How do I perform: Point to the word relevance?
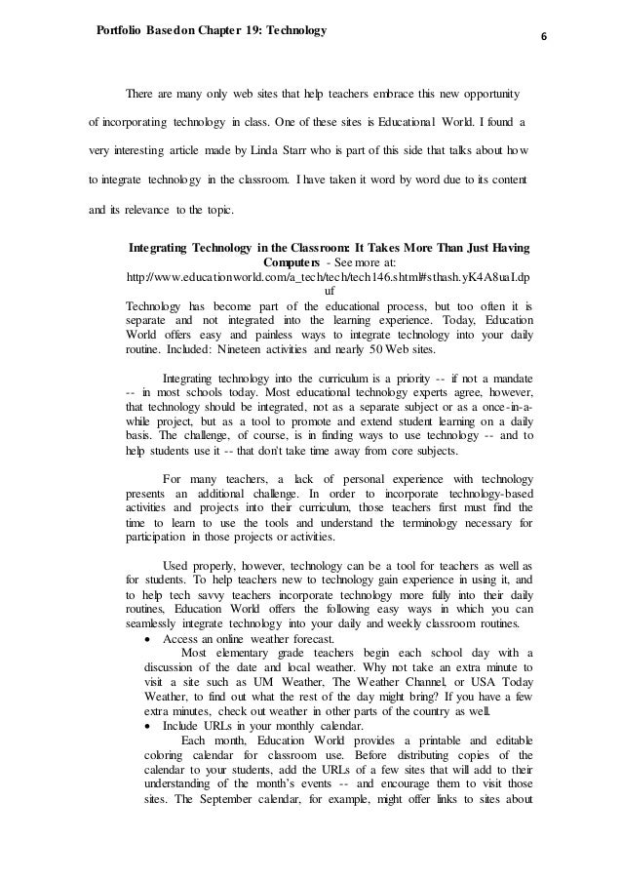[166, 209]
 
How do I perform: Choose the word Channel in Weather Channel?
[384, 683]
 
